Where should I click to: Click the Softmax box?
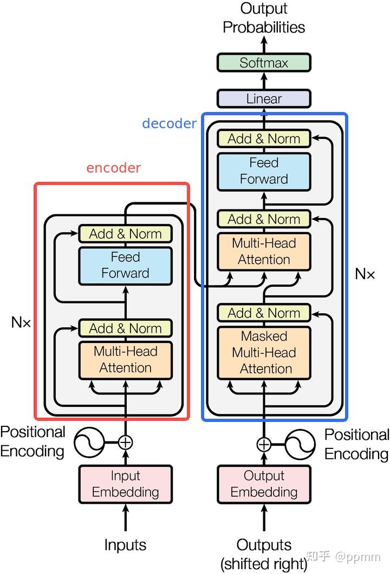point(264,63)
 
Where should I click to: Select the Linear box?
point(264,99)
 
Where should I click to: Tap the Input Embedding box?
point(126,484)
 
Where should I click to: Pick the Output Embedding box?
point(264,484)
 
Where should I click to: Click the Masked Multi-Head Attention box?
point(264,352)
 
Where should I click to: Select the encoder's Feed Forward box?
point(126,265)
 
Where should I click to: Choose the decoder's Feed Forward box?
point(264,171)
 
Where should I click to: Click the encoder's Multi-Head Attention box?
point(126,359)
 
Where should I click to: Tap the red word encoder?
point(114,168)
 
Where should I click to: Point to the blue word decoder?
point(169,123)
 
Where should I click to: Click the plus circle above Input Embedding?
point(126,442)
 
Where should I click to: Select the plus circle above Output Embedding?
point(264,445)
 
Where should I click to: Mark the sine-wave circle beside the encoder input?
point(89,442)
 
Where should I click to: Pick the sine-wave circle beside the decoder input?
point(300,445)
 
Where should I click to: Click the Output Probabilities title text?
point(264,18)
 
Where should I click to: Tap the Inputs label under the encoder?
point(126,544)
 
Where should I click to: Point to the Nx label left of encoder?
point(21,323)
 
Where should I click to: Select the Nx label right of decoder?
point(365,274)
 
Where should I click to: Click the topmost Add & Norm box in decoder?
point(264,138)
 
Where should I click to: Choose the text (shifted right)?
point(264,564)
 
